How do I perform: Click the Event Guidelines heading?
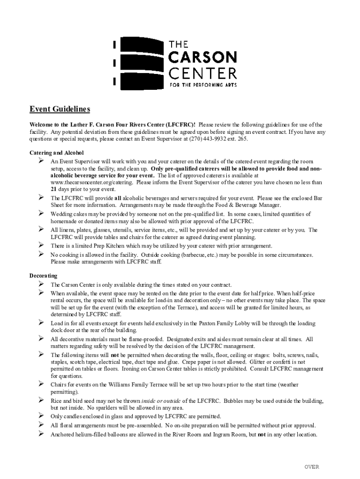(x=60, y=109)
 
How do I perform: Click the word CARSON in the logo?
(x=202, y=58)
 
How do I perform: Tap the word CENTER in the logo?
(x=202, y=73)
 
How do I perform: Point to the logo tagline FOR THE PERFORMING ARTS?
(x=202, y=85)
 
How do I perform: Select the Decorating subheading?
(x=43, y=276)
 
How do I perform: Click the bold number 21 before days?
(x=54, y=189)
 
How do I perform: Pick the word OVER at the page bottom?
(x=312, y=467)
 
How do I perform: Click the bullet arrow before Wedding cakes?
(x=40, y=213)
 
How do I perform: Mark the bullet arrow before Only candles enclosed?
(x=40, y=416)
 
